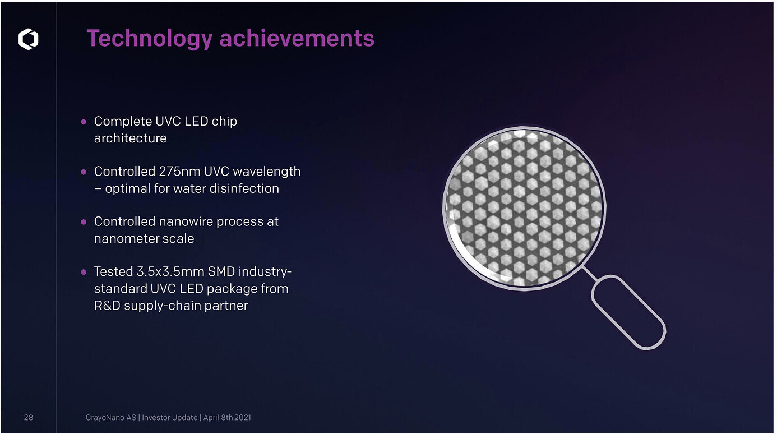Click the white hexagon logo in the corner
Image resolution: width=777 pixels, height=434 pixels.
tap(29, 39)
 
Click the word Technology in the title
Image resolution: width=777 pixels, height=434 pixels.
tap(150, 39)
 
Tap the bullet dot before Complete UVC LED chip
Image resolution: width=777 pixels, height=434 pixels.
tap(84, 122)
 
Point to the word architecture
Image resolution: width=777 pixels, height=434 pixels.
tap(131, 138)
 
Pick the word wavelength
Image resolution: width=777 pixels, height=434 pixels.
tap(267, 172)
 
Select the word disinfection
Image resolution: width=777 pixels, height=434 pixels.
tap(244, 188)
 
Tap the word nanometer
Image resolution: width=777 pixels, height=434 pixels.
tap(126, 239)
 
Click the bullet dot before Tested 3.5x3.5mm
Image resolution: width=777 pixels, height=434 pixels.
tap(84, 272)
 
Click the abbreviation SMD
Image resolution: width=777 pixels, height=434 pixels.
tap(221, 271)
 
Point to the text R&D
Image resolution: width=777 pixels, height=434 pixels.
tap(107, 306)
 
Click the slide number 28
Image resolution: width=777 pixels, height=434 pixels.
tap(29, 417)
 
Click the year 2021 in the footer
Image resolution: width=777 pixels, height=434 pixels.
tap(243, 417)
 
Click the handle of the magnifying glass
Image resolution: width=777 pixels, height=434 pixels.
tap(628, 312)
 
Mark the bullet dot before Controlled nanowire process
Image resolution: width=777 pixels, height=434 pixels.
tap(84, 222)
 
